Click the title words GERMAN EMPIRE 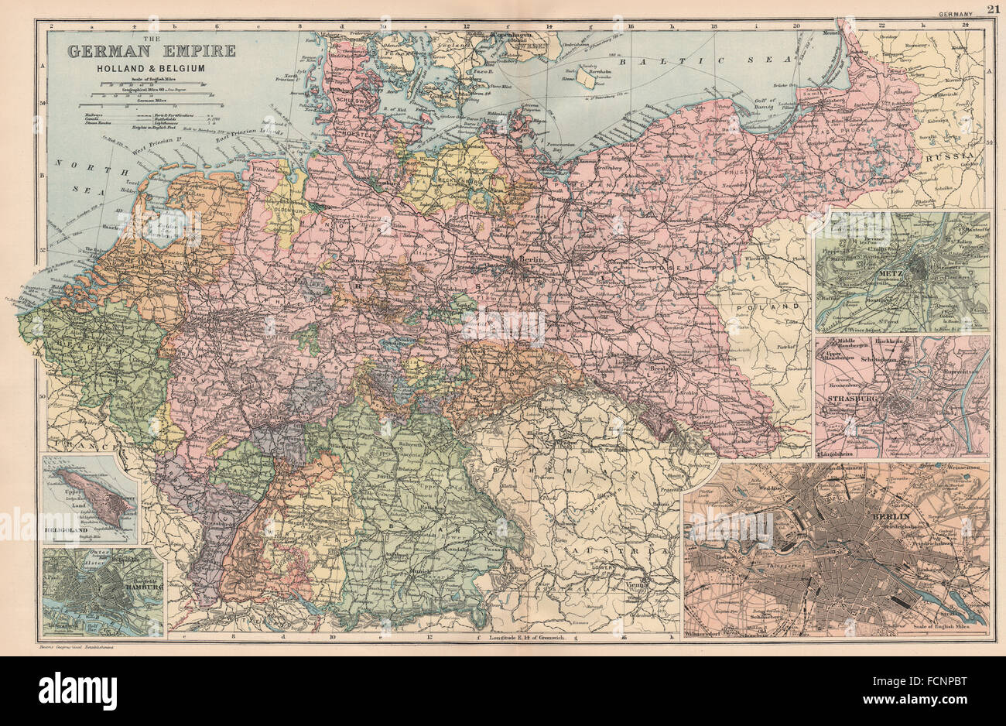(151, 52)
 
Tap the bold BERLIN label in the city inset (896, 517)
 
